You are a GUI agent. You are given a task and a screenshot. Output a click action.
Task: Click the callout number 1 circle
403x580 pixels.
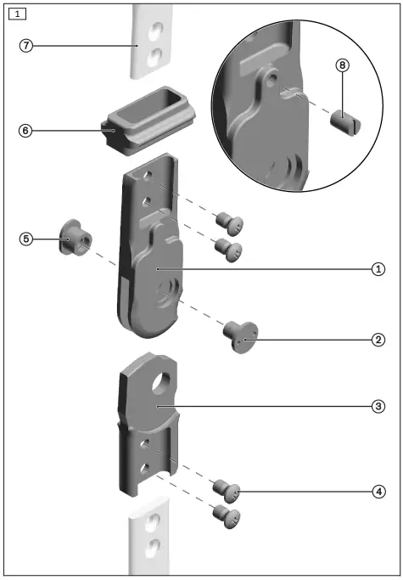(378, 268)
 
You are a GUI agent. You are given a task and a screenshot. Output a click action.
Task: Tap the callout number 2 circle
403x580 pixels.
(378, 340)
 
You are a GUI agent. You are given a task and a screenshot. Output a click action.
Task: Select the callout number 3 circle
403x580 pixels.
(378, 407)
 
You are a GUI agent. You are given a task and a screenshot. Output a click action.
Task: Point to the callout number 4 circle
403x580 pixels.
(378, 491)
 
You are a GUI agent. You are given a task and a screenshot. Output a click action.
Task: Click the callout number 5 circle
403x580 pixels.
(26, 239)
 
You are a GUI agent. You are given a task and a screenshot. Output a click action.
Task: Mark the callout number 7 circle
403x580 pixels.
(26, 46)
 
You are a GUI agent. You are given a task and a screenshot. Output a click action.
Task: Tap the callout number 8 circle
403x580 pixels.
(343, 66)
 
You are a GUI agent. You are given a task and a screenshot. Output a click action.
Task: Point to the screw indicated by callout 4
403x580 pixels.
(227, 491)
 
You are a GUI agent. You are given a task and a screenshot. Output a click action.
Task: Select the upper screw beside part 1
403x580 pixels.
(228, 224)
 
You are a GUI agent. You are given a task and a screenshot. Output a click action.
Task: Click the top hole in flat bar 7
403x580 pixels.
(154, 31)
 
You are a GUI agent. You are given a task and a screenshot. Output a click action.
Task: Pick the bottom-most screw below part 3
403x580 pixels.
(226, 515)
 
